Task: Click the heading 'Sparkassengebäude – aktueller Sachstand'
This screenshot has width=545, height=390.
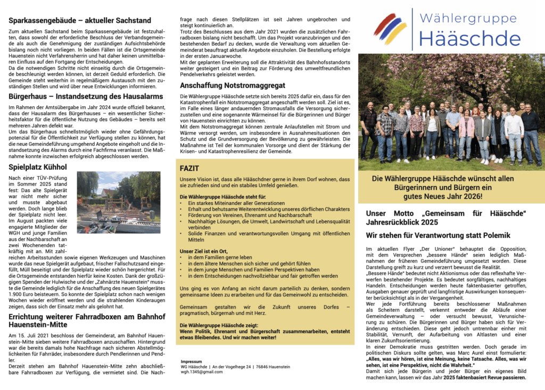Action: [x=80, y=21]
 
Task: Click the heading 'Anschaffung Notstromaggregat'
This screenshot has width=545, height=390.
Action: [x=233, y=85]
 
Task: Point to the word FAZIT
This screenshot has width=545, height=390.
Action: [x=189, y=168]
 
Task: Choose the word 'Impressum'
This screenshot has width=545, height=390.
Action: [x=191, y=361]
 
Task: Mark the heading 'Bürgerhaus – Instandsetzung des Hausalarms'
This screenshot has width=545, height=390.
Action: [x=86, y=96]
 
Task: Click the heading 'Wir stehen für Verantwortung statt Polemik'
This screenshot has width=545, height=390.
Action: [x=438, y=235]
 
